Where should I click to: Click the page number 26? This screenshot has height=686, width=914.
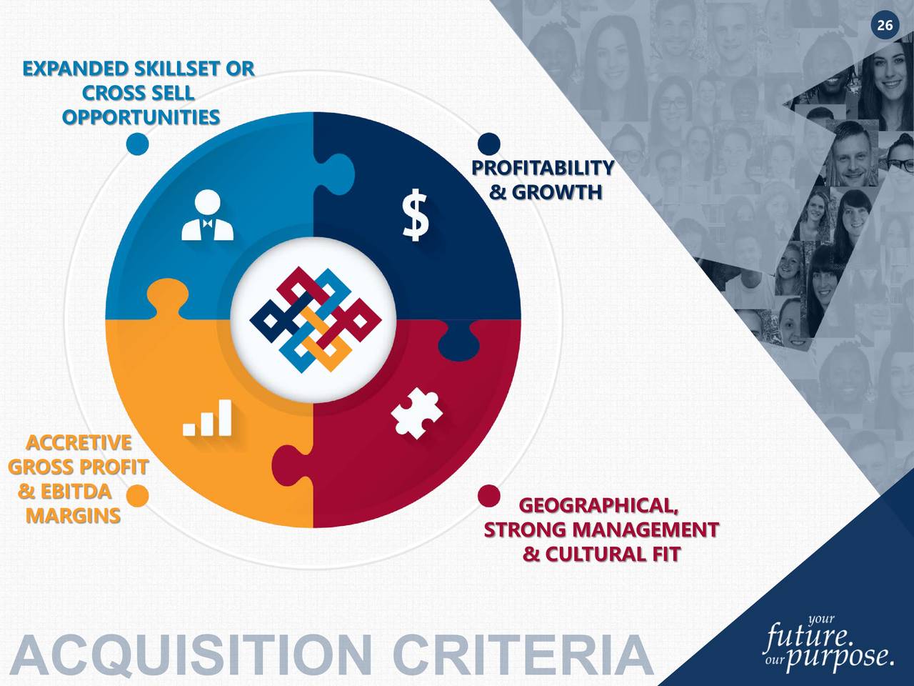(884, 26)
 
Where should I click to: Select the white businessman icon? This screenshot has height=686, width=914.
(207, 216)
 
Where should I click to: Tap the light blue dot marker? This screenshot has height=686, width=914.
(137, 144)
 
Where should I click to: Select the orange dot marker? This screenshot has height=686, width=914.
(137, 495)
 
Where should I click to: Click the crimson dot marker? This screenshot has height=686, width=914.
(488, 495)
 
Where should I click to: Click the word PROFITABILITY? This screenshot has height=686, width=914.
(543, 168)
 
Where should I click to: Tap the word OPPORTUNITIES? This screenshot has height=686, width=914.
(141, 117)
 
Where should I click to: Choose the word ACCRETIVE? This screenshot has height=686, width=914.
(79, 443)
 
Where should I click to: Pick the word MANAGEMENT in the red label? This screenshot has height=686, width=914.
(646, 530)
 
